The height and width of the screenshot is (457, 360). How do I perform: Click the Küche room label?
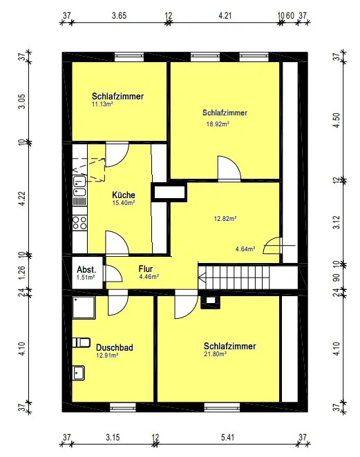124,195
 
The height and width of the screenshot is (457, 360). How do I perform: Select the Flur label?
145,269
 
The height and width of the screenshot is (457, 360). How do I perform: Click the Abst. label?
86,269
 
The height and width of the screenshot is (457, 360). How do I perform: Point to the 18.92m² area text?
218,125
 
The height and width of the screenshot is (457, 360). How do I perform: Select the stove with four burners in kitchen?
79,222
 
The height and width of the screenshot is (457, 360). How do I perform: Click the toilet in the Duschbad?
82,341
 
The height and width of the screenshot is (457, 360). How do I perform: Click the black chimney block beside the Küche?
167,193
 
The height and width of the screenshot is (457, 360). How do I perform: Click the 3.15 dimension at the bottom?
113,436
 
